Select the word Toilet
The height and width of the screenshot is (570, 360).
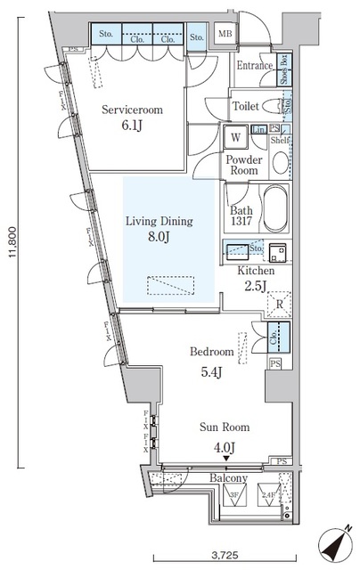coord(247,106)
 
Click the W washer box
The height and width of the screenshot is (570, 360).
coord(235,138)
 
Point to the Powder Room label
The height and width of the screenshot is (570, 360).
coord(244,166)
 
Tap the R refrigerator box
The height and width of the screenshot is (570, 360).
coord(279,305)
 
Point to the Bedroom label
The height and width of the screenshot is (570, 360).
coord(212,352)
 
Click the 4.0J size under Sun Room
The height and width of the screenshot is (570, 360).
coord(224,447)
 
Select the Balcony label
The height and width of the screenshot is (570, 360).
coord(228,478)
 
